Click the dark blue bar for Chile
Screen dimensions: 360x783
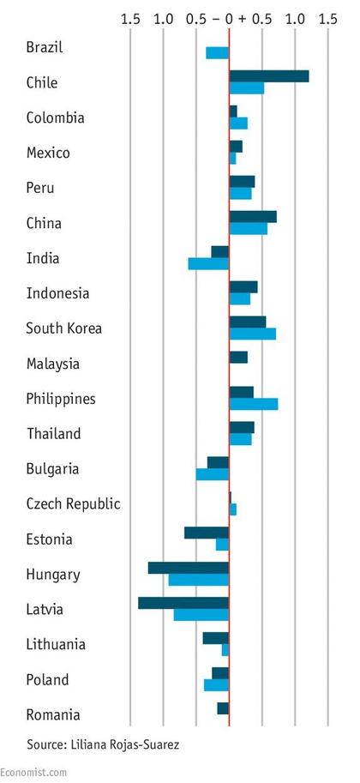coord(269,76)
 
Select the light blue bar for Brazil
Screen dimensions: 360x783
coord(217,53)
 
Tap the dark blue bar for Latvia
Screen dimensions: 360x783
coord(183,603)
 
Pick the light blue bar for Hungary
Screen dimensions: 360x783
coord(198,580)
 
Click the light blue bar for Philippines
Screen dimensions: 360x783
coord(254,404)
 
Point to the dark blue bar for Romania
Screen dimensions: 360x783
coord(223,708)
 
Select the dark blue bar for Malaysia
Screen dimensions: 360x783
coord(238,358)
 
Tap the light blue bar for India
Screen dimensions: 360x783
coord(208,263)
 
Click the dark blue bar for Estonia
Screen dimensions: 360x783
coord(207,533)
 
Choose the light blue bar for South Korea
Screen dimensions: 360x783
coord(253,334)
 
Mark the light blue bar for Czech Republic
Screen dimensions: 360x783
coord(233,509)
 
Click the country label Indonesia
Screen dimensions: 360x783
coord(58,293)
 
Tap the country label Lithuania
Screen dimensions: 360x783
coord(56,644)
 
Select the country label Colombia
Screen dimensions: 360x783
coord(56,117)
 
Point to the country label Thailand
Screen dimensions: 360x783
coord(54,433)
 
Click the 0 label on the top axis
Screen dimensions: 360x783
coord(229,19)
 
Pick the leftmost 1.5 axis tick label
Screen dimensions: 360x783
coord(131,19)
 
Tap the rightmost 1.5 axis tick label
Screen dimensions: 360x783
coord(328,19)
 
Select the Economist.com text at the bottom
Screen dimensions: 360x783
coord(33,773)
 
